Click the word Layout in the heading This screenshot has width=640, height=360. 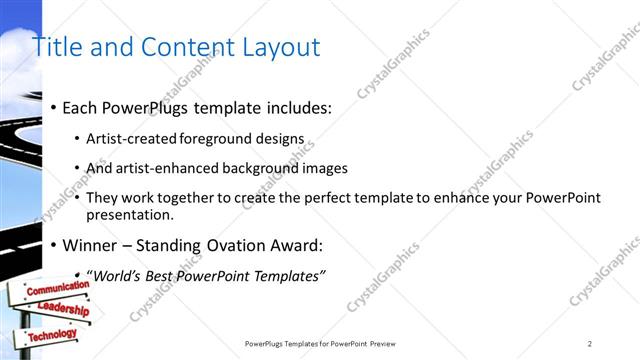pos(279,47)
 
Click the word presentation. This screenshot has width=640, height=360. pos(131,214)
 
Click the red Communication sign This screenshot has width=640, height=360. pos(57,288)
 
